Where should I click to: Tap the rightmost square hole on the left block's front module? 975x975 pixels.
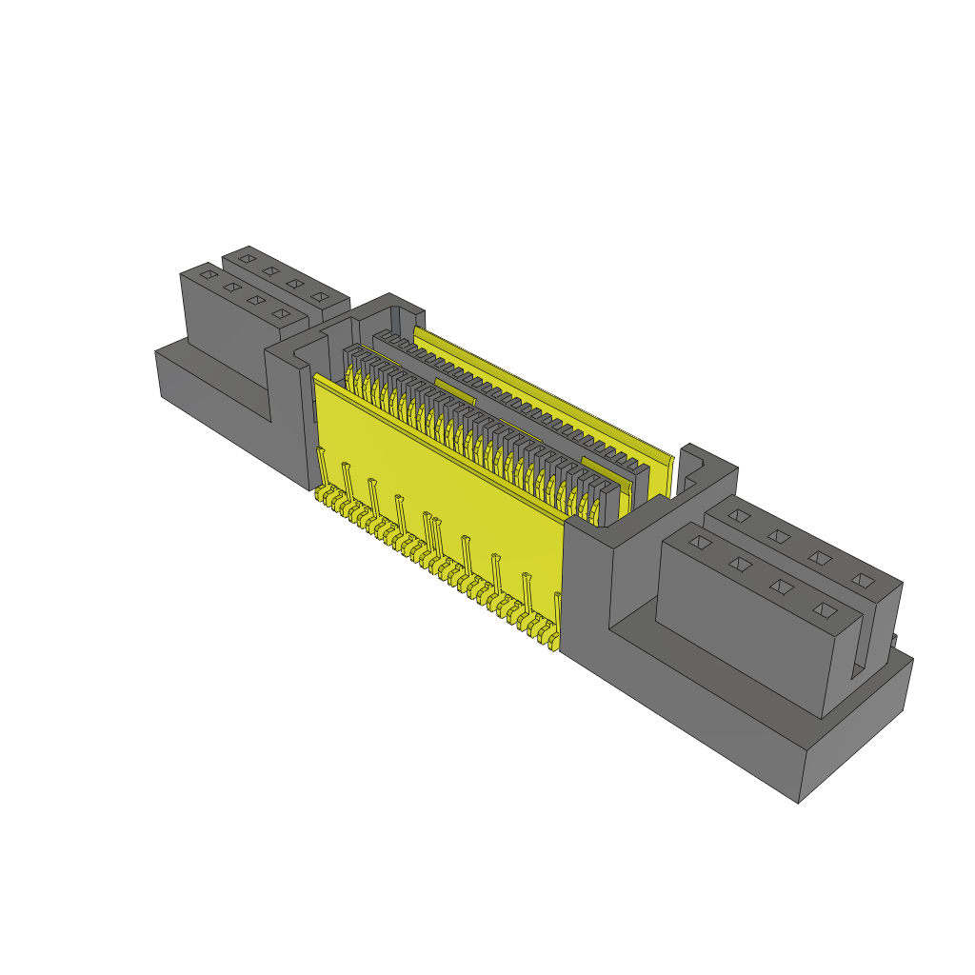(279, 313)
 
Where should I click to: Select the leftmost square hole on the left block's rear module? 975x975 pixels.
(248, 257)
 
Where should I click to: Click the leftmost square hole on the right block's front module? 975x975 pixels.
(700, 543)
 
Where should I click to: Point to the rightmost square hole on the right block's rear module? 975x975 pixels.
(862, 579)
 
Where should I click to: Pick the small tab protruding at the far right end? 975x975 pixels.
(895, 641)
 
